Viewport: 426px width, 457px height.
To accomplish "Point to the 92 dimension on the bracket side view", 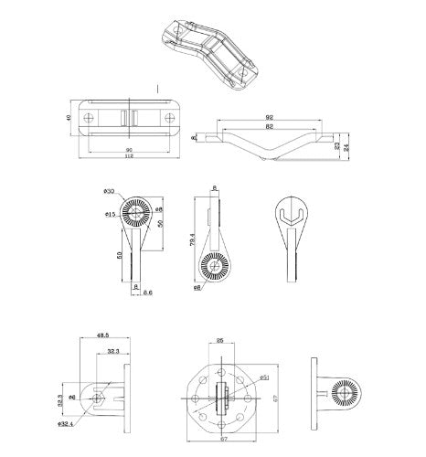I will (x=270, y=117).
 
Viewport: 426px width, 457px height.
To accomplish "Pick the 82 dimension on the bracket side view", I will (x=270, y=129).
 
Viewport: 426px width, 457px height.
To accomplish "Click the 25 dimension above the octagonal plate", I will (x=220, y=340).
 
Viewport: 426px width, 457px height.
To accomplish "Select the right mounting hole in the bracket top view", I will (x=170, y=118).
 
